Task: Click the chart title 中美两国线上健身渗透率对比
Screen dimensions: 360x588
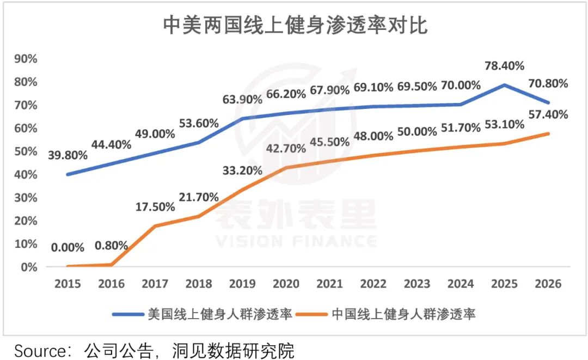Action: point(295,26)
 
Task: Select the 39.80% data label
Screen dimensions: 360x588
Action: point(68,155)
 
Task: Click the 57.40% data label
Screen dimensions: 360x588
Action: point(548,114)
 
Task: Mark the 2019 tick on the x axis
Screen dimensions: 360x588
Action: point(243,284)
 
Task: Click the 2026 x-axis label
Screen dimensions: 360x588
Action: point(548,284)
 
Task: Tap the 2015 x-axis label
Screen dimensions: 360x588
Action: point(68,284)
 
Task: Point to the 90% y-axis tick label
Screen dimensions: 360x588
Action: point(26,59)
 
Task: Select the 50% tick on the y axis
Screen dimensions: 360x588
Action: point(26,151)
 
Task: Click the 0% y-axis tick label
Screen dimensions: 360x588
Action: point(28,267)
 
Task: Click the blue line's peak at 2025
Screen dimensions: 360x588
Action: point(504,85)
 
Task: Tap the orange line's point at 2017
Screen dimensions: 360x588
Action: point(156,226)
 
